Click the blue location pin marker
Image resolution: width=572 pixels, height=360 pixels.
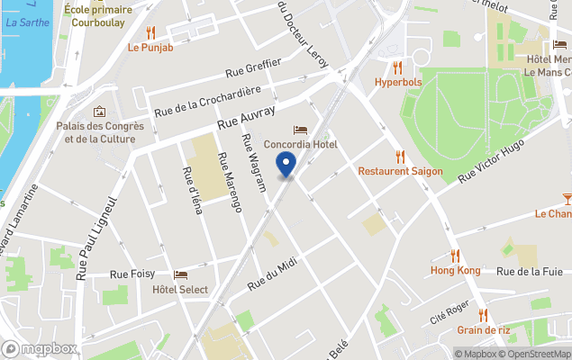tap(286, 165)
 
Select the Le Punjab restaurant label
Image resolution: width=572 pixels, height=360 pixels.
tap(150, 48)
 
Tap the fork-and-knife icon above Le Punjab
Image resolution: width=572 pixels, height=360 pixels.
tap(150, 33)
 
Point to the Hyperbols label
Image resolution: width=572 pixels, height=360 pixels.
tap(397, 83)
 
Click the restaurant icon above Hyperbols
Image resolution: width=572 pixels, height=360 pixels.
tap(397, 67)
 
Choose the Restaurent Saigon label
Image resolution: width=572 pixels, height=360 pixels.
tap(400, 171)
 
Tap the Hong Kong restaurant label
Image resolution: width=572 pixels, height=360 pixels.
tap(455, 270)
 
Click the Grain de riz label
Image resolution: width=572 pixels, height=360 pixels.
tap(483, 329)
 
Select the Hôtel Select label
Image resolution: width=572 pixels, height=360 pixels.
tap(180, 290)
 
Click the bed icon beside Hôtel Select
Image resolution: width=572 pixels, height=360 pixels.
tap(181, 275)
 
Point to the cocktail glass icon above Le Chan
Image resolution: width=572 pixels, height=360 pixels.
tap(567, 198)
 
